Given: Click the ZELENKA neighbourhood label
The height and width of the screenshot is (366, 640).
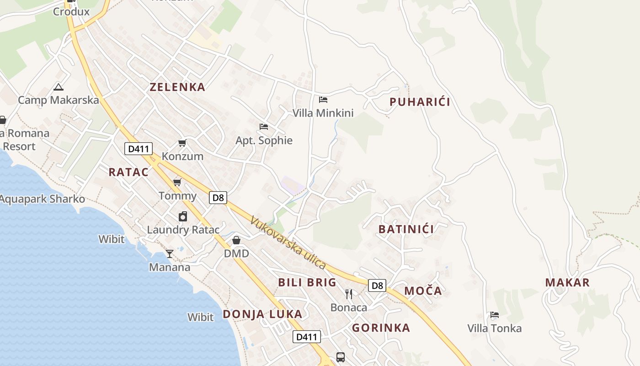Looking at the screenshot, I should [177, 87].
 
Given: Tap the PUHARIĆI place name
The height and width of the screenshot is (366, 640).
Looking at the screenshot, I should [420, 102].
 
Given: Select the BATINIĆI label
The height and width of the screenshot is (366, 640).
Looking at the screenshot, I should [406, 229].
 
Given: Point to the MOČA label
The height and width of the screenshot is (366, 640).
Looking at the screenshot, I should [423, 291].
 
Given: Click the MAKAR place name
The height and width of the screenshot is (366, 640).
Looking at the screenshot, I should [567, 282].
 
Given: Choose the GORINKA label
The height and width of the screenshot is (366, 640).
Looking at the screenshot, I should [381, 328].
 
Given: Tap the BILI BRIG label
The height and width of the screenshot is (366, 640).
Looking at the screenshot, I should [307, 282].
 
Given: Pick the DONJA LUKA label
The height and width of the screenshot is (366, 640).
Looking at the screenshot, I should [262, 314].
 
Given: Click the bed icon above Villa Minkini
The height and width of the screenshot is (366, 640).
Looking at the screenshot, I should [323, 99].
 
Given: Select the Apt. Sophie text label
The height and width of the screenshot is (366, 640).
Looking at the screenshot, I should [264, 140].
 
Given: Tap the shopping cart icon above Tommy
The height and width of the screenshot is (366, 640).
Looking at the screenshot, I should [177, 183].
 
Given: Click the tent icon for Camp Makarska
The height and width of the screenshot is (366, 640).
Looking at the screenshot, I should [58, 87].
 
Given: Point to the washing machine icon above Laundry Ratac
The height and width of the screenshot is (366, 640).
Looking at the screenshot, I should [183, 216].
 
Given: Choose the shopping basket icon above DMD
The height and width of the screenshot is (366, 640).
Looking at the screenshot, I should [236, 240].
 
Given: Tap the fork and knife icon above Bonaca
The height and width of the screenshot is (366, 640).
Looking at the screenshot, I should [349, 294].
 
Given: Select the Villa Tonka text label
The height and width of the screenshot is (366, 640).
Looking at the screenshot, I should [494, 328].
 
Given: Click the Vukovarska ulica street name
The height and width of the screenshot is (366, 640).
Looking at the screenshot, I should [288, 242].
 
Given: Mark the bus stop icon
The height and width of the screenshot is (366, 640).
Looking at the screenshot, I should [340, 357].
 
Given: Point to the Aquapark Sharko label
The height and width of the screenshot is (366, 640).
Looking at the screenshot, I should [42, 199].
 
